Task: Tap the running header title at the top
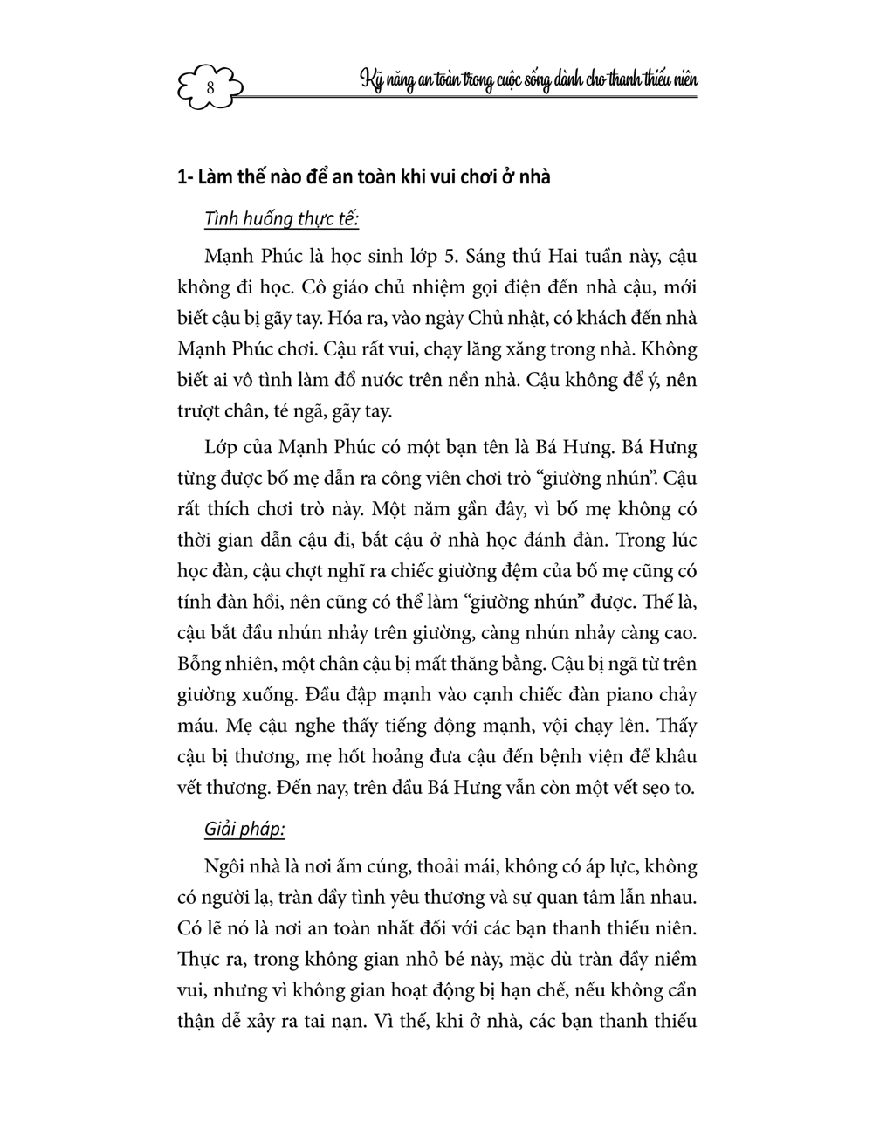pyautogui.click(x=529, y=80)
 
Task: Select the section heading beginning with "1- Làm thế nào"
pyautogui.click(x=363, y=177)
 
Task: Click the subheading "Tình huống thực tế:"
pyautogui.click(x=281, y=219)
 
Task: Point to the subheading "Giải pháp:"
pyautogui.click(x=244, y=828)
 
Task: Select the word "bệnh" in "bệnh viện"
pyautogui.click(x=572, y=756)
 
